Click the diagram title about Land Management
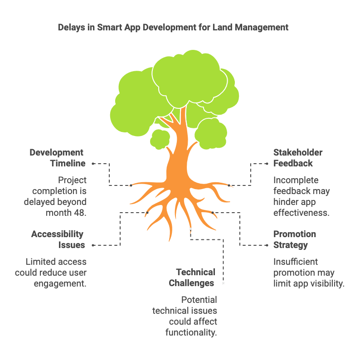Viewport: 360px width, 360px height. point(173,27)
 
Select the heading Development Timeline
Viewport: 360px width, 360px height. point(57,158)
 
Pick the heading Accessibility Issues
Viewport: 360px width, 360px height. point(58,239)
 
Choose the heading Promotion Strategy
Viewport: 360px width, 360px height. point(295,239)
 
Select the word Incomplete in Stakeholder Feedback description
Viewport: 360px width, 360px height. point(296,180)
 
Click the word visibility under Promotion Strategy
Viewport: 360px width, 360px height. point(327,283)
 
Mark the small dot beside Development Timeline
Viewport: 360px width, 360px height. point(93,163)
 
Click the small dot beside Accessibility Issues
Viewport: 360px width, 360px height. point(93,245)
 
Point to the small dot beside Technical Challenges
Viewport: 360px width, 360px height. point(224,283)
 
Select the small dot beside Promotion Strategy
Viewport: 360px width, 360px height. point(267,245)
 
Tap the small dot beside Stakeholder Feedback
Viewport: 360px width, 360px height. point(267,163)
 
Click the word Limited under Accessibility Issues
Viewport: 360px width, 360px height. point(40,262)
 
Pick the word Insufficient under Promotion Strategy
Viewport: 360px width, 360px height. point(296,262)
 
